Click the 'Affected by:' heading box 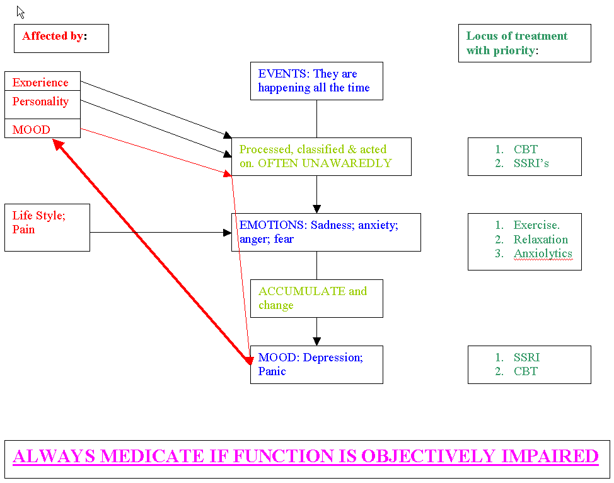click(61, 38)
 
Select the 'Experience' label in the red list click(40, 83)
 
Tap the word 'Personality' click(40, 102)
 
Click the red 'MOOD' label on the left click(31, 130)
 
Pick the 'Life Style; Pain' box click(47, 227)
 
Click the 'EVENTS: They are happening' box click(316, 81)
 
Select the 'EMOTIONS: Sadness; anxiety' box click(325, 232)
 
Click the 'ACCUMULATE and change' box click(316, 298)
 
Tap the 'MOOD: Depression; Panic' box click(316, 364)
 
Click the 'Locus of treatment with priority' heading click(524, 43)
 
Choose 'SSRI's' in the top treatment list click(531, 163)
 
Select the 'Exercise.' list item click(536, 225)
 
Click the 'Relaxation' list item click(540, 240)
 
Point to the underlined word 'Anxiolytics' click(543, 254)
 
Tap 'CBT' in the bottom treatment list click(525, 371)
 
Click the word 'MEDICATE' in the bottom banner click(155, 456)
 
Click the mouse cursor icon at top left click(20, 12)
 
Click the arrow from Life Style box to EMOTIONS click(161, 233)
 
